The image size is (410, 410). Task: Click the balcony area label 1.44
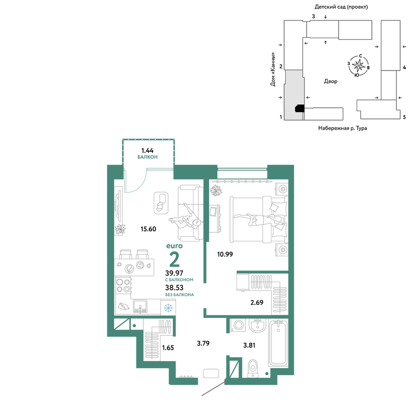tap(147, 150)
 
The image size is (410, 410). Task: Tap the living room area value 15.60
tap(148, 229)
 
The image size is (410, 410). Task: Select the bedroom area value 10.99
tap(225, 254)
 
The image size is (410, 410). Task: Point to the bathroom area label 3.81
tap(249, 345)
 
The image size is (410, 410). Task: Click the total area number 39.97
tap(174, 273)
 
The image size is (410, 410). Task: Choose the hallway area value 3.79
tap(203, 343)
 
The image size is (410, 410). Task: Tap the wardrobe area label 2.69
tap(257, 303)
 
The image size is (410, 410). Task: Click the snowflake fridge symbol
tap(168, 308)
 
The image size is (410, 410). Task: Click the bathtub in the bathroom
tap(278, 343)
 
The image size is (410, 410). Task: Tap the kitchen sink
tap(140, 306)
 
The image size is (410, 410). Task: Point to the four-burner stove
tap(123, 285)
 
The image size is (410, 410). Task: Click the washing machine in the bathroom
tap(238, 325)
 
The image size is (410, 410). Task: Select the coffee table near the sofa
tap(161, 203)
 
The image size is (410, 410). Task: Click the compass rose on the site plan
tap(358, 65)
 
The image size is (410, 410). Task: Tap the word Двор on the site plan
tap(331, 81)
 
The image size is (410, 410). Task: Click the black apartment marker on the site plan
tap(299, 108)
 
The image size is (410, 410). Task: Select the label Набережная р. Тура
tap(342, 128)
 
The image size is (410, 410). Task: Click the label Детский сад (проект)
tap(341, 7)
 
